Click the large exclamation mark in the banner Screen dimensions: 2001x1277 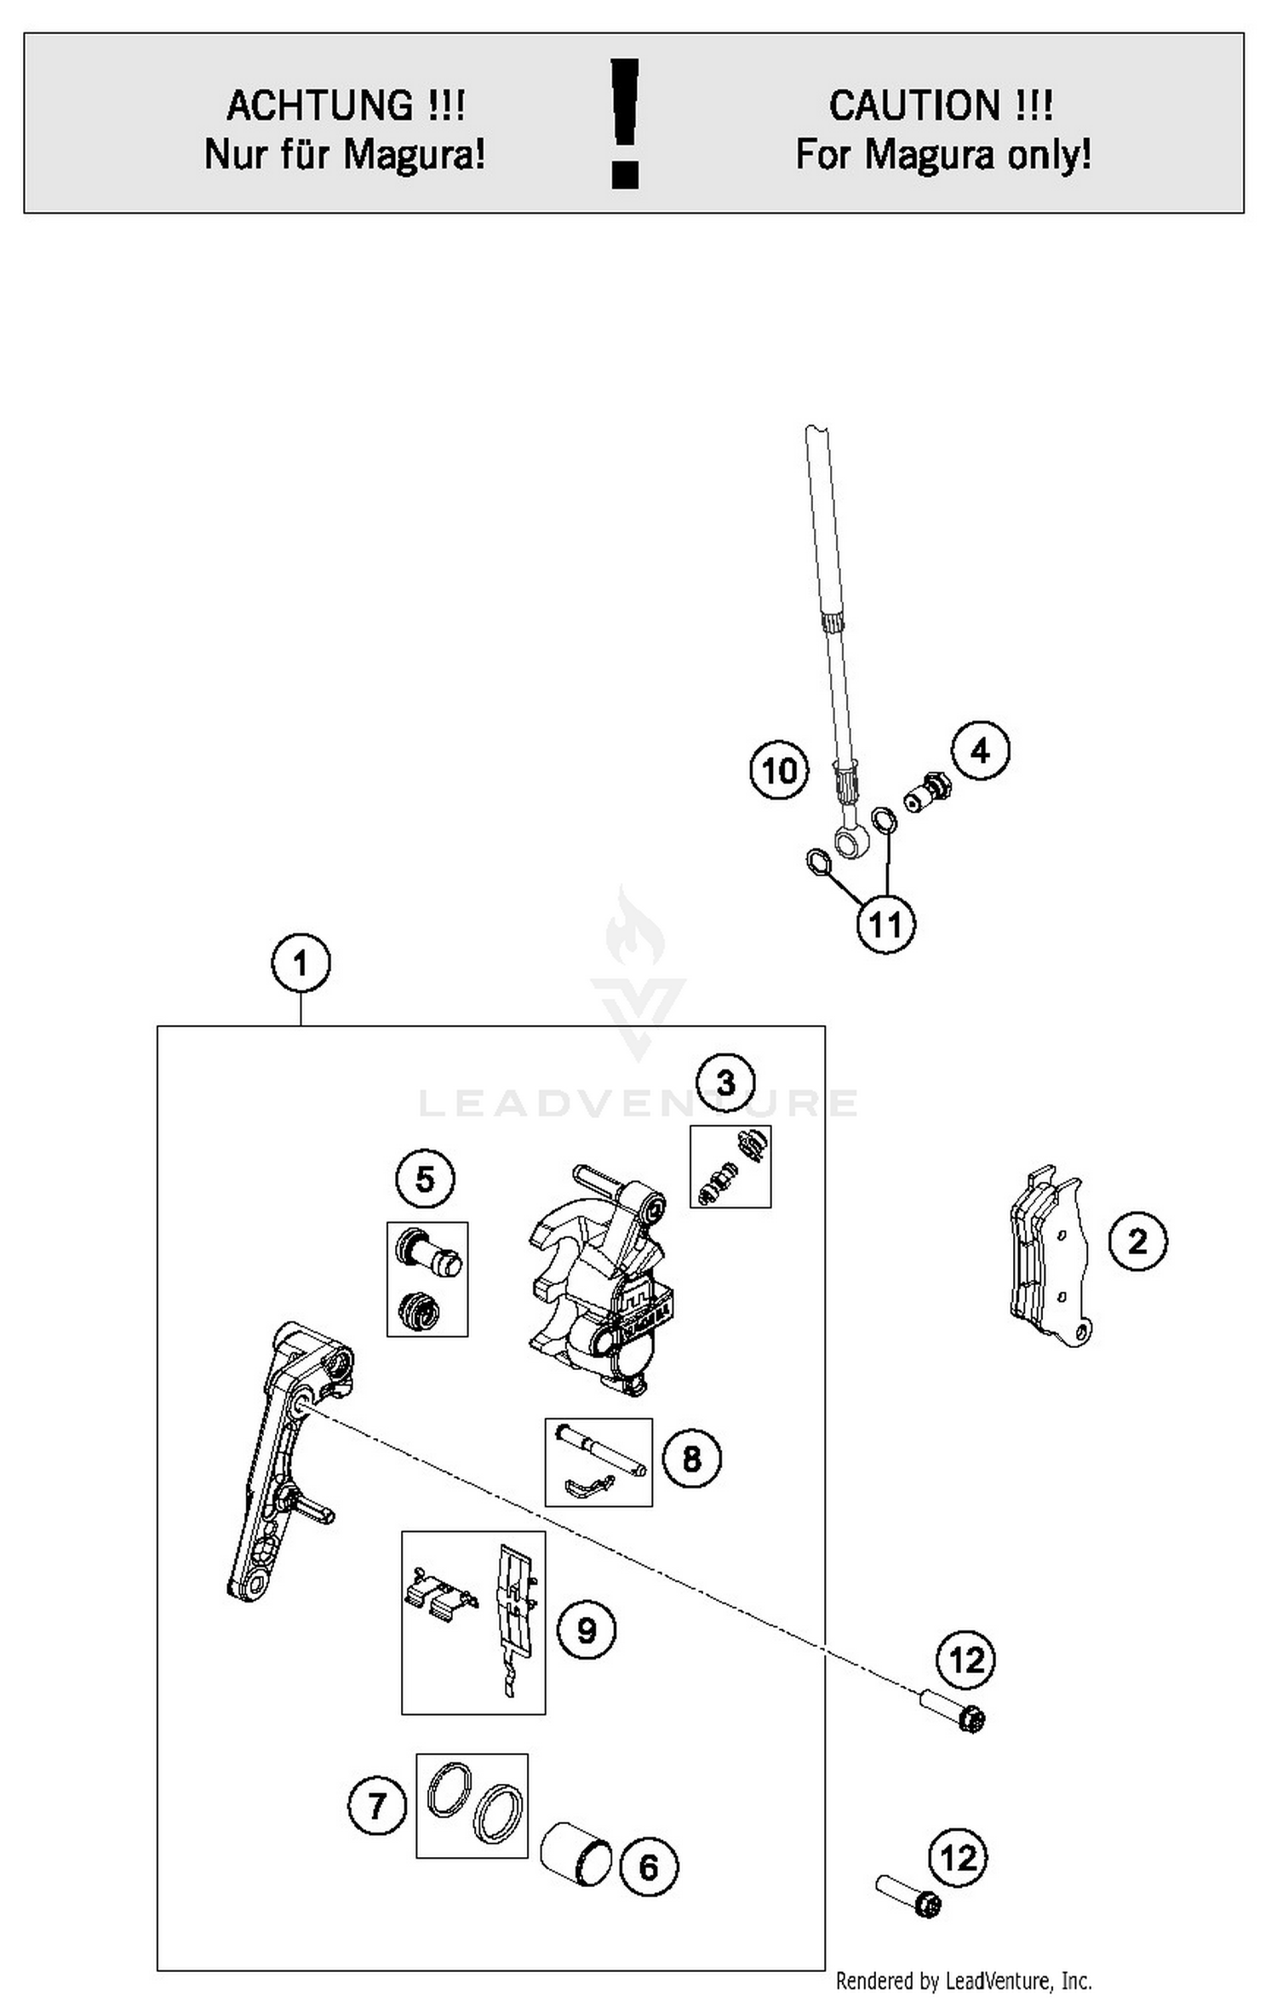pyautogui.click(x=626, y=123)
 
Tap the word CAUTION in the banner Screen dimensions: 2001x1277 pyautogui.click(x=915, y=106)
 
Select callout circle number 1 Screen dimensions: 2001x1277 pyautogui.click(x=301, y=963)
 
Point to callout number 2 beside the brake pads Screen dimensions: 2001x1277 pyautogui.click(x=1137, y=1241)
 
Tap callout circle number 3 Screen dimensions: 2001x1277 pyautogui.click(x=725, y=1082)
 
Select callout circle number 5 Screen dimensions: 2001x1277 pyautogui.click(x=425, y=1178)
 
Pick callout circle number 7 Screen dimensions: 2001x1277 pyautogui.click(x=377, y=1805)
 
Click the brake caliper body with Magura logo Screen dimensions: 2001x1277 pyautogui.click(x=596, y=1277)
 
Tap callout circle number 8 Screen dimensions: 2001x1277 pyautogui.click(x=691, y=1459)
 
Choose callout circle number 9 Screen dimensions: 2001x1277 pyautogui.click(x=587, y=1630)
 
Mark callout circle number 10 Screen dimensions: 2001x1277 pyautogui.click(x=779, y=771)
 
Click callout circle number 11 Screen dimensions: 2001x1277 pyautogui.click(x=885, y=924)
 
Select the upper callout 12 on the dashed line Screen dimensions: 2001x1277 pyautogui.click(x=966, y=1660)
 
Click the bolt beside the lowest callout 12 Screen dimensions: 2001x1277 pyautogui.click(x=909, y=1896)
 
